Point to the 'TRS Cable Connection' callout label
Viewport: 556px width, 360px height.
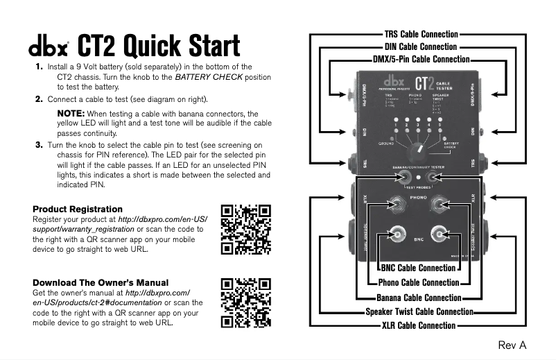(x=421, y=34)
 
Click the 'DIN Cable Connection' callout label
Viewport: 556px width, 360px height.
(x=421, y=46)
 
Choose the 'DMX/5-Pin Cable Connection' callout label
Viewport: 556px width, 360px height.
(x=421, y=60)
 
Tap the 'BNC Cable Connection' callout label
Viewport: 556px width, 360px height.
(x=418, y=268)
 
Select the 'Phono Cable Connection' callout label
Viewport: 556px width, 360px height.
(x=418, y=282)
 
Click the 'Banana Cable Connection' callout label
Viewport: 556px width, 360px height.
(x=418, y=298)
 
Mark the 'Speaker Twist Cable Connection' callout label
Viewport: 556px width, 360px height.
(x=419, y=312)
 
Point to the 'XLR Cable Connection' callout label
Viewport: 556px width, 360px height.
(x=419, y=325)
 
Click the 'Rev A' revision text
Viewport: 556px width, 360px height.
(x=512, y=345)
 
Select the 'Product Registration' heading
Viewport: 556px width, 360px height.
(x=78, y=209)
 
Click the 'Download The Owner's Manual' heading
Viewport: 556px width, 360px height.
(x=101, y=282)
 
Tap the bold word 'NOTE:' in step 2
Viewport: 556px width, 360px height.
(x=71, y=113)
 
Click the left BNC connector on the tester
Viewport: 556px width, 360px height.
(x=398, y=234)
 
